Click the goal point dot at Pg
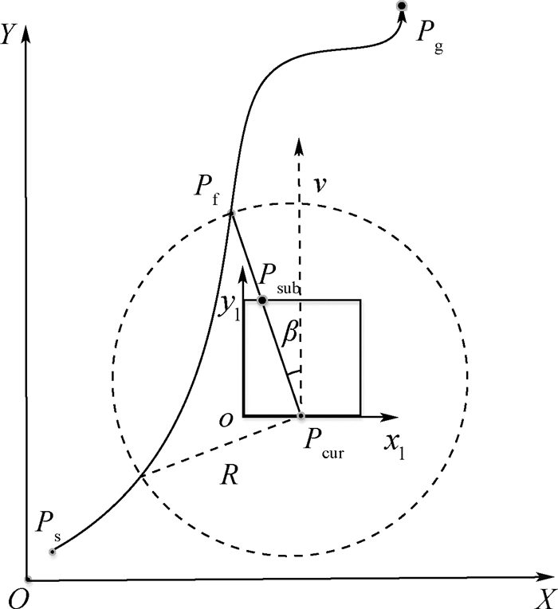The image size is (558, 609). point(402,6)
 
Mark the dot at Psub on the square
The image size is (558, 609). point(262,300)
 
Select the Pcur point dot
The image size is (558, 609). point(301,416)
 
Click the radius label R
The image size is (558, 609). point(229,476)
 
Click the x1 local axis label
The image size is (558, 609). point(394,442)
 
